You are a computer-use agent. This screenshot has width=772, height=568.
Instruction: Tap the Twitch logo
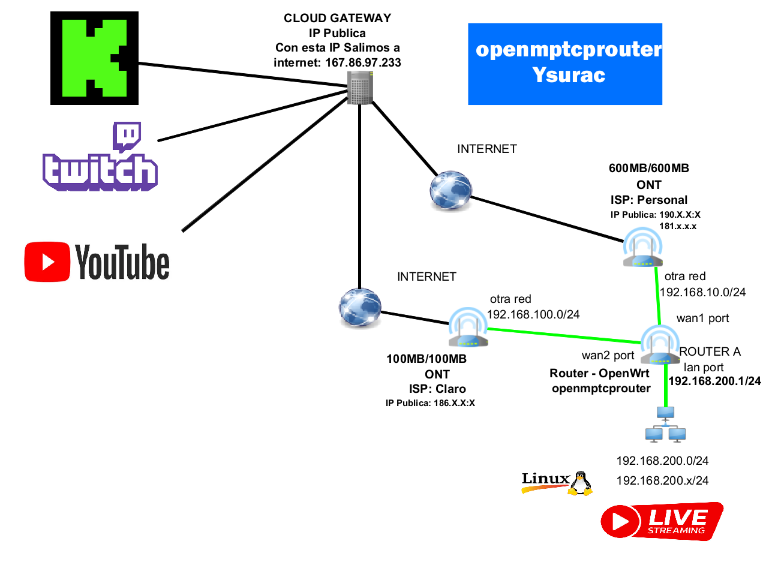(100, 157)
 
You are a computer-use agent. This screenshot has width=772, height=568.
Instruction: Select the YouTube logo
(97, 262)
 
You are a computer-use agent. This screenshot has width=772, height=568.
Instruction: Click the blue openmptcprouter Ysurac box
(564, 64)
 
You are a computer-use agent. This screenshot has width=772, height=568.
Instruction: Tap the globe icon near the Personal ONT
(450, 191)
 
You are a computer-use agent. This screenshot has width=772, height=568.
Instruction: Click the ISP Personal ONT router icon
(642, 251)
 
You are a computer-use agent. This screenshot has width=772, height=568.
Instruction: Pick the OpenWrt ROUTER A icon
(660, 345)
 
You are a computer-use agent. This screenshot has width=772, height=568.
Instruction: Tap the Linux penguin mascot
(579, 483)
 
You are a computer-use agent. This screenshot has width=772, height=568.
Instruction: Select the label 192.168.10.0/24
(702, 292)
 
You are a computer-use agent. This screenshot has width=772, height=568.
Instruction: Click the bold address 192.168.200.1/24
(713, 380)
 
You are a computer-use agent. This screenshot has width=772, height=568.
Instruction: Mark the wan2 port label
(608, 356)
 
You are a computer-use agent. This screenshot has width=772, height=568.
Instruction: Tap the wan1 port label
(702, 318)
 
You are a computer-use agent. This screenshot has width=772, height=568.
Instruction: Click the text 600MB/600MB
(648, 169)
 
